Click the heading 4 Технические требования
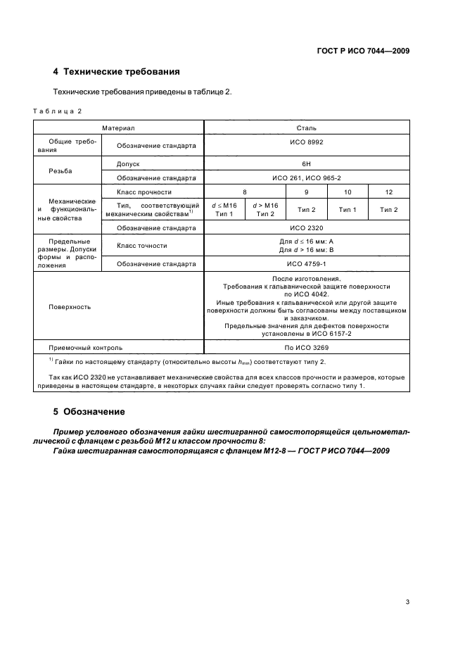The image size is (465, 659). point(116,72)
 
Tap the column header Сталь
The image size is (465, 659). point(306,128)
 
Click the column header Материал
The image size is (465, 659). point(117,128)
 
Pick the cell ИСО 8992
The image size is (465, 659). point(306,142)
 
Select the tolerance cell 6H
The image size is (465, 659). point(306,163)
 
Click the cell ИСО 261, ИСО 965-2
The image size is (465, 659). point(306,177)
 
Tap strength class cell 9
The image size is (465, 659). point(306,192)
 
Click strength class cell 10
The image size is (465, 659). point(348,192)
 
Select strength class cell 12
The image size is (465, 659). point(388,192)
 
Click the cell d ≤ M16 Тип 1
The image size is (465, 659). point(224,209)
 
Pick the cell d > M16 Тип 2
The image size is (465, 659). point(265,209)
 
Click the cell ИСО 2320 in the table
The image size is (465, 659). point(306,228)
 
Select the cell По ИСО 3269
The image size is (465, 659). point(306,347)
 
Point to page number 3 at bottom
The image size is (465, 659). point(407,582)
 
